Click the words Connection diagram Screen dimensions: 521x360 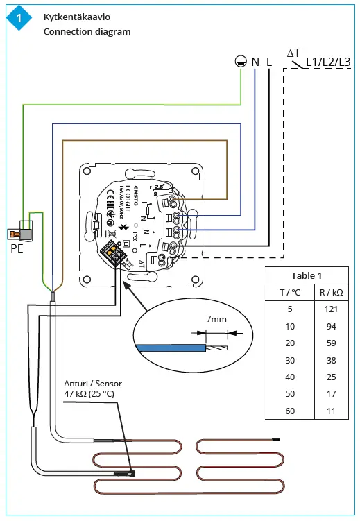(x=87, y=31)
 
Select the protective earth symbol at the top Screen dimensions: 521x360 (x=240, y=62)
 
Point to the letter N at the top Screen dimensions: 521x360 (x=255, y=62)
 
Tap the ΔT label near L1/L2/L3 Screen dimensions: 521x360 (x=293, y=53)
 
